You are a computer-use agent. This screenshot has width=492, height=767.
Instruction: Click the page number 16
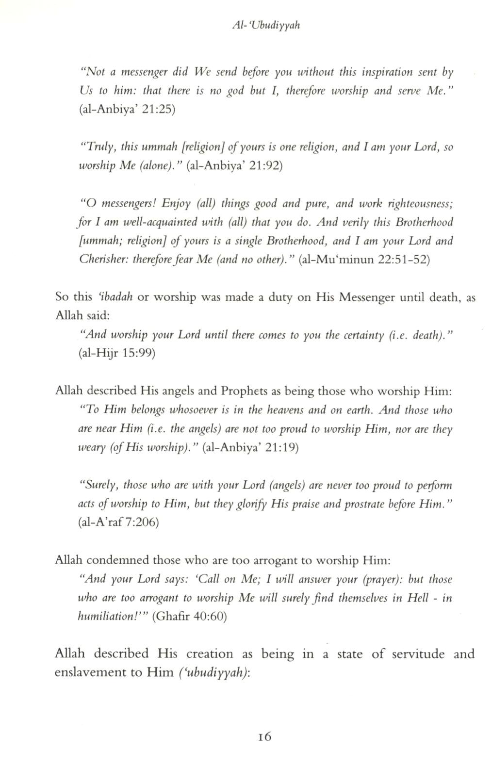(x=265, y=736)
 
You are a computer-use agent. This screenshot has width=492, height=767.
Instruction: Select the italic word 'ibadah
(x=116, y=297)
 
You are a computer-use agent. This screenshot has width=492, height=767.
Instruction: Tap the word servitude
(x=416, y=654)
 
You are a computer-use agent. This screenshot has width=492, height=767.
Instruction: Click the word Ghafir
(x=170, y=617)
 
